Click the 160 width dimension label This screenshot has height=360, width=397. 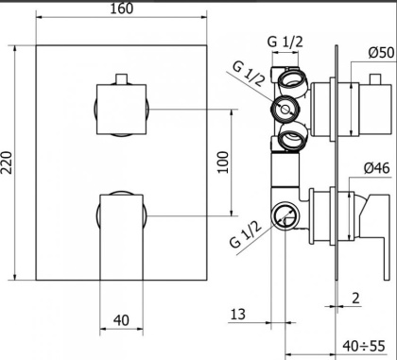pyautogui.click(x=121, y=9)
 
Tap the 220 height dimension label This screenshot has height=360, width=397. pyautogui.click(x=7, y=163)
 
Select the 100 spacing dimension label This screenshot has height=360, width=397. pyautogui.click(x=223, y=163)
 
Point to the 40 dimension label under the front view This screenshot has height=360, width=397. pyautogui.click(x=121, y=320)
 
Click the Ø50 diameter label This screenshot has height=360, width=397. pyautogui.click(x=382, y=53)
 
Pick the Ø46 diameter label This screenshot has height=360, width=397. pyautogui.click(x=377, y=168)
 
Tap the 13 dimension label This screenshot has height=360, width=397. pyautogui.click(x=238, y=314)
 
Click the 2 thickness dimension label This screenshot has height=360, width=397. pyautogui.click(x=355, y=298)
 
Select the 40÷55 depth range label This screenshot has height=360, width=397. pyautogui.click(x=364, y=346)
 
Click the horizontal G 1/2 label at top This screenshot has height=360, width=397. pyautogui.click(x=285, y=42)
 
